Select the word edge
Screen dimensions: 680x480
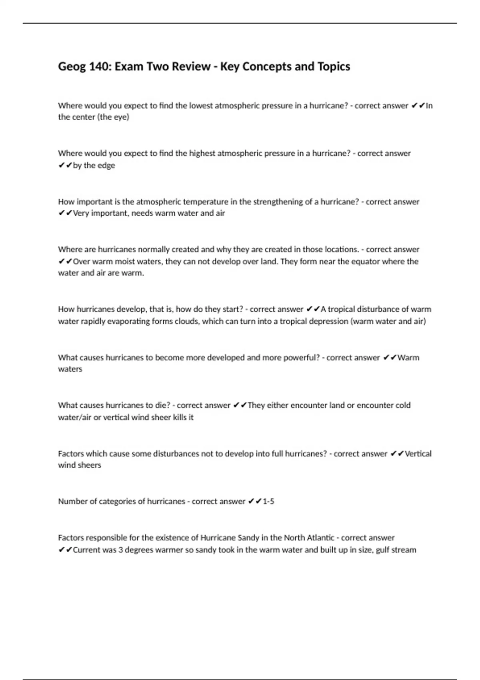click(106, 166)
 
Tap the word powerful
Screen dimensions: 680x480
click(302, 358)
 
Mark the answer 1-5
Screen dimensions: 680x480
click(268, 502)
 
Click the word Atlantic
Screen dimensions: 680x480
click(320, 538)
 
